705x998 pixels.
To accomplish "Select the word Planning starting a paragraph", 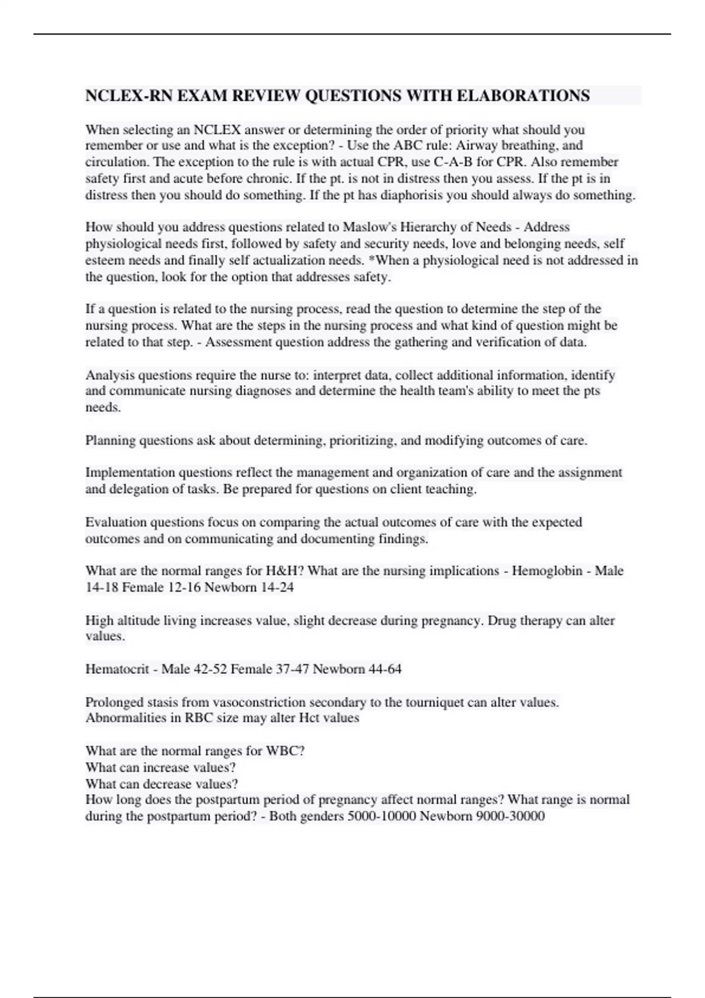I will pyautogui.click(x=110, y=440).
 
